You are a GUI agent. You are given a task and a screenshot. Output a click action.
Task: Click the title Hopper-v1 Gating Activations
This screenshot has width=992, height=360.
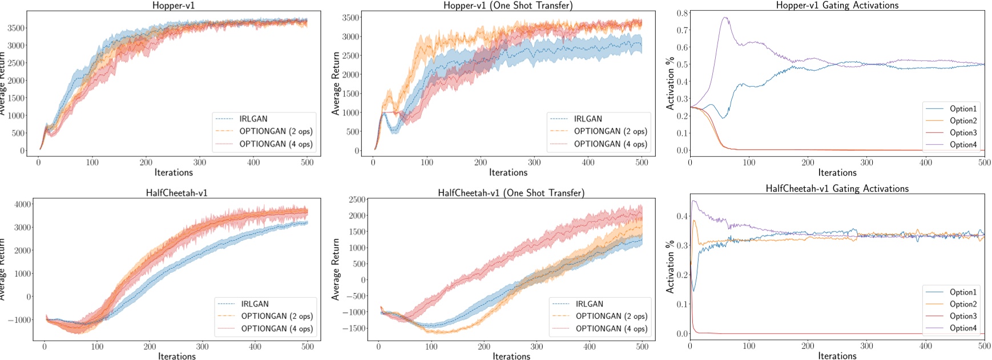coord(837,5)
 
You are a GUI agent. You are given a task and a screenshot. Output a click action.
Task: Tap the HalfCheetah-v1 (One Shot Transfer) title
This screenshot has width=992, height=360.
coord(511,193)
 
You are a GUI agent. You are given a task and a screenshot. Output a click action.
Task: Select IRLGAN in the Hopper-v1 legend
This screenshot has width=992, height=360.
coord(253,119)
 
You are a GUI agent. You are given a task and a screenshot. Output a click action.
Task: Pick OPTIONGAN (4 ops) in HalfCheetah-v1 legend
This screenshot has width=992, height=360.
coord(277,329)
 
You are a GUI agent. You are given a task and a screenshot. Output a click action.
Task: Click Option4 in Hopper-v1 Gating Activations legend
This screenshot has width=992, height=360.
coord(963,145)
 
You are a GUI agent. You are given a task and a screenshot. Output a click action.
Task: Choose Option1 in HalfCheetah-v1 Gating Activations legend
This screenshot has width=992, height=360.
coord(963,292)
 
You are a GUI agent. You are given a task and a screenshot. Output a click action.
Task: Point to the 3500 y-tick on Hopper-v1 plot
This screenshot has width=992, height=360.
coord(16,28)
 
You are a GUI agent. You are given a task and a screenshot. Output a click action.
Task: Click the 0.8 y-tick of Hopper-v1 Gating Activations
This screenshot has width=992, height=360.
coord(682,13)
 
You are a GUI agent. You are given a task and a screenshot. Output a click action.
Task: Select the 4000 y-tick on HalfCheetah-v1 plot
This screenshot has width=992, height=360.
coord(23,204)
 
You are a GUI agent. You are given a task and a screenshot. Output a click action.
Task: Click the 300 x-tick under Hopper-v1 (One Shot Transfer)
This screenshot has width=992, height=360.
coord(534,163)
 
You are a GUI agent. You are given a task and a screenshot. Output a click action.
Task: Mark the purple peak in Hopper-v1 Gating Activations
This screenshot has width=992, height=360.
coord(725,18)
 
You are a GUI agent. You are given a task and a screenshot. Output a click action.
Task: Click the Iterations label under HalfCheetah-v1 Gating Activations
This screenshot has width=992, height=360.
coord(837,356)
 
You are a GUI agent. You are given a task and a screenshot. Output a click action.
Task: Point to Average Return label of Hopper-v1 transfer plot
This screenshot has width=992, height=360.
coord(336,83)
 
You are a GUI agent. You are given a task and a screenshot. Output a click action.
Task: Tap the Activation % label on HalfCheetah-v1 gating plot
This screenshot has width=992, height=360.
coord(670,266)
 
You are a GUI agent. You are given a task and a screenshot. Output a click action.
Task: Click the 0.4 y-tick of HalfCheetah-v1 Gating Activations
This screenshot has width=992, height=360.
coord(682,216)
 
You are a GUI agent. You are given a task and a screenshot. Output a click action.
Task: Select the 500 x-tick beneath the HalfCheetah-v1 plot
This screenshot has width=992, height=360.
coord(308,346)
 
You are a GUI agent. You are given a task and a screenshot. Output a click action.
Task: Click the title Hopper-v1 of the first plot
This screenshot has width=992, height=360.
coord(174,5)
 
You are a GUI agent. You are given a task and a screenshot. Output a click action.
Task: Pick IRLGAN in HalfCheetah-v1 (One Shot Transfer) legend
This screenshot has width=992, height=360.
coord(589,304)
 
